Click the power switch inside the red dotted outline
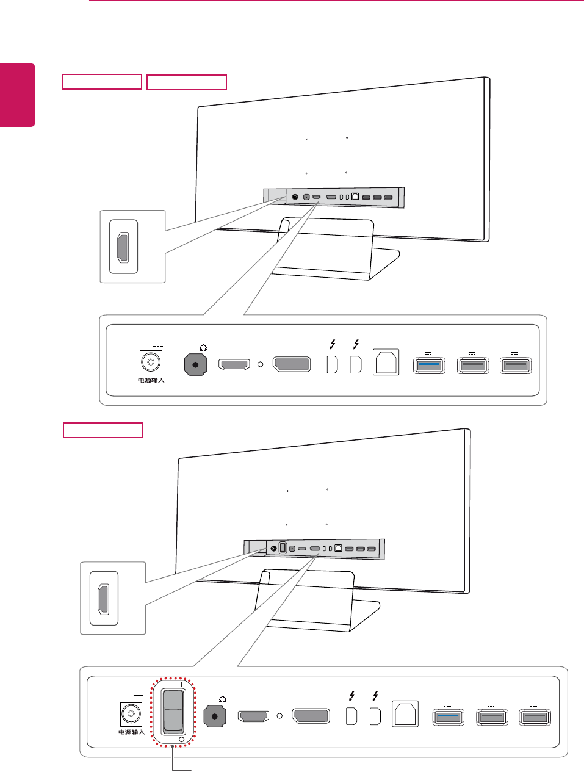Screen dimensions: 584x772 click(x=173, y=710)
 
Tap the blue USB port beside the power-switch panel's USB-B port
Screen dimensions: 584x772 click(x=449, y=716)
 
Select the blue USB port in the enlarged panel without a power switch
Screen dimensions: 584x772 click(x=430, y=365)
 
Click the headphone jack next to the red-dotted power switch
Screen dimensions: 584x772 click(x=215, y=716)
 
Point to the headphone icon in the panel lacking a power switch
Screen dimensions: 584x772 click(x=203, y=348)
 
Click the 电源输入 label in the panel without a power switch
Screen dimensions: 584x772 click(x=151, y=381)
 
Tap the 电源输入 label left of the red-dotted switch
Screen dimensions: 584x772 click(x=131, y=732)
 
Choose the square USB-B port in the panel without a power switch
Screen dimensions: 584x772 click(x=386, y=363)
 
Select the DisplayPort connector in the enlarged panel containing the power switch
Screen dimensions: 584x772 click(x=311, y=716)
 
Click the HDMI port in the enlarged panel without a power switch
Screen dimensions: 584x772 click(x=234, y=365)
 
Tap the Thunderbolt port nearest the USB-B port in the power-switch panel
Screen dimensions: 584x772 click(x=375, y=715)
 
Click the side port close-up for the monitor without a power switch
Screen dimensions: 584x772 click(x=123, y=247)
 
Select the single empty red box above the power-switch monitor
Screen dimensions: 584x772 click(x=103, y=430)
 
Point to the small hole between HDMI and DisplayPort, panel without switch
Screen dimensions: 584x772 click(x=261, y=364)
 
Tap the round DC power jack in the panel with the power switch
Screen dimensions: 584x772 click(x=131, y=714)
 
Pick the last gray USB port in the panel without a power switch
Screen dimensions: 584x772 click(x=516, y=365)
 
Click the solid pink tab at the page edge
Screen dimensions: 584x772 click(x=17, y=95)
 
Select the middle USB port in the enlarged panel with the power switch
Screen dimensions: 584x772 click(x=492, y=716)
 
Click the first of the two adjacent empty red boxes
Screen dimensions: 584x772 click(x=103, y=82)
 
